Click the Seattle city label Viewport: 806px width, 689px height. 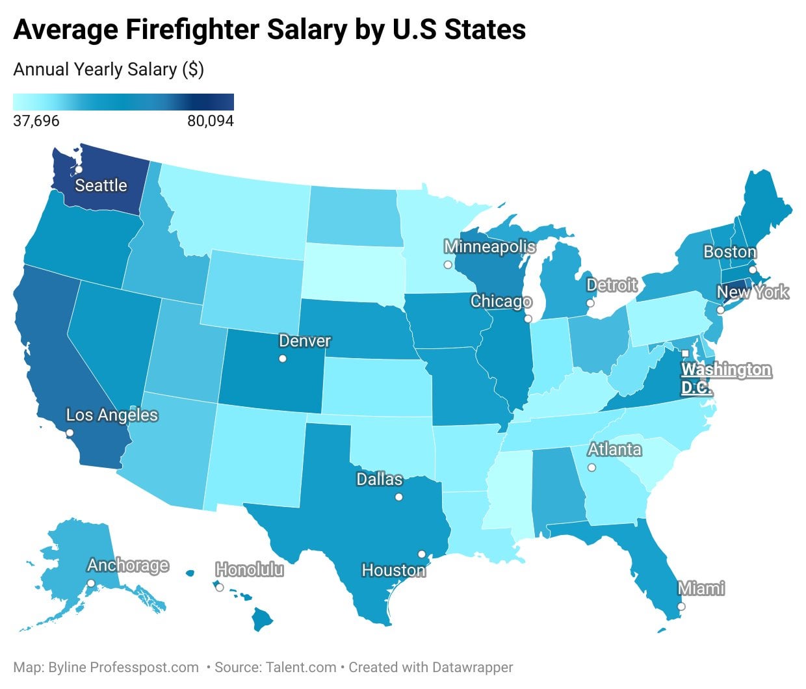[x=101, y=185]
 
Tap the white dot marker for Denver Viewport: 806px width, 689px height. [x=283, y=359]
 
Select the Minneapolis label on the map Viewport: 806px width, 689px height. [x=489, y=247]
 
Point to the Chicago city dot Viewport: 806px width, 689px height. [x=528, y=319]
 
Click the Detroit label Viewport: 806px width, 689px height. [x=612, y=285]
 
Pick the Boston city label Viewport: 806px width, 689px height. [x=730, y=252]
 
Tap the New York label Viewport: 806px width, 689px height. [x=753, y=292]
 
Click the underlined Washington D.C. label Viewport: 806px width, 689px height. [x=725, y=378]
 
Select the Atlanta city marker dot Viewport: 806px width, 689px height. [x=591, y=467]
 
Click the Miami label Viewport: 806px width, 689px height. [x=701, y=588]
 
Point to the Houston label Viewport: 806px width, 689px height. [x=393, y=570]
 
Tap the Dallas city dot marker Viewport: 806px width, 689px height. [x=399, y=497]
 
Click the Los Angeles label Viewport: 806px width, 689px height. [x=112, y=415]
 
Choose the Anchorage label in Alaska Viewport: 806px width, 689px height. [x=128, y=565]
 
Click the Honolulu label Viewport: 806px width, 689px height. [x=250, y=570]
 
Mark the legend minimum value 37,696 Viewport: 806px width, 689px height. [x=36, y=121]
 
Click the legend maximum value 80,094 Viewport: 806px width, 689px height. [x=210, y=121]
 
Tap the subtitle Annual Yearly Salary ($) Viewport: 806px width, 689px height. [x=109, y=70]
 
